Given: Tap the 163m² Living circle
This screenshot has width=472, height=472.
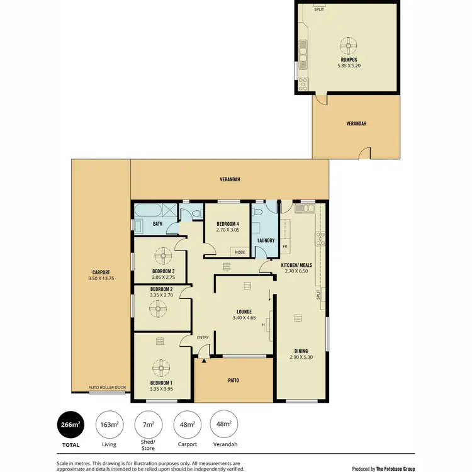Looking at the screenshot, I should click(110, 425).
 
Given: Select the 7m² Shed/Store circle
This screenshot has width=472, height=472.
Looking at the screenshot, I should click(148, 425).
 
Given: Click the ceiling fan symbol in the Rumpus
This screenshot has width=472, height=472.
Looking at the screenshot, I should click(347, 45).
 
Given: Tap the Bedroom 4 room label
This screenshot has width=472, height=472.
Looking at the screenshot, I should click(228, 224).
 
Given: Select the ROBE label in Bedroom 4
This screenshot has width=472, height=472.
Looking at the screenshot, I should click(240, 252).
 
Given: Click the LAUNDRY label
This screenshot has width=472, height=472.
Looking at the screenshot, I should click(265, 240).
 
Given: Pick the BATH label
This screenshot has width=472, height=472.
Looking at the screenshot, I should click(158, 223).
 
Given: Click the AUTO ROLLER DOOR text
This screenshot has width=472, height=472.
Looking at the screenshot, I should click(107, 388).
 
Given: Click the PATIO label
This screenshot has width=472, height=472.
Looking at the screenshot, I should click(233, 380).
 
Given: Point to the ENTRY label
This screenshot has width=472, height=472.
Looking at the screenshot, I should click(203, 338).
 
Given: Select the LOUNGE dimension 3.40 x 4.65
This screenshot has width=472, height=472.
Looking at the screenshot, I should click(244, 318).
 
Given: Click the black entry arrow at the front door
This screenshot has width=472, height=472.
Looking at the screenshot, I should click(204, 360).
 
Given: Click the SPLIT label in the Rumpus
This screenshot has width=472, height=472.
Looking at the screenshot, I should click(319, 9).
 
